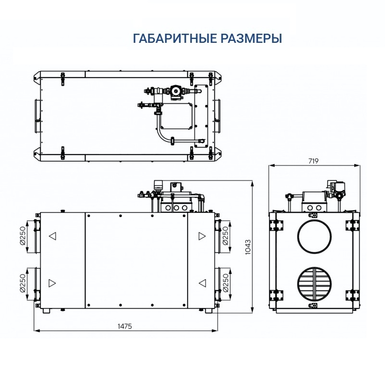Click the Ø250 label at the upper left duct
pos(23,236)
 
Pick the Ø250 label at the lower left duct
pos(23,284)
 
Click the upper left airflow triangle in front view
pos(52,236)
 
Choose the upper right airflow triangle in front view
pos(201,236)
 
